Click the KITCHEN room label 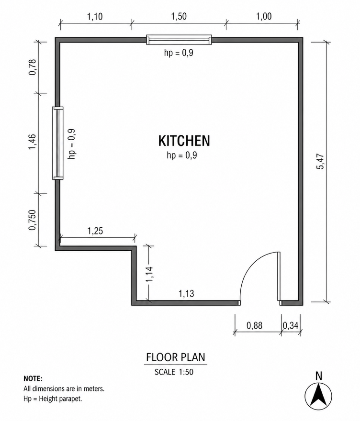tap(184, 141)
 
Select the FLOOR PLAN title tap(176, 357)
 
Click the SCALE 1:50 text tap(174, 372)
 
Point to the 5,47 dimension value tap(320, 161)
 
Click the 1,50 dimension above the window tap(179, 16)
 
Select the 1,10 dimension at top tap(95, 17)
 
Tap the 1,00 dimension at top tap(264, 16)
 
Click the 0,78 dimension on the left tap(32, 67)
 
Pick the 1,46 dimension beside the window tap(32, 142)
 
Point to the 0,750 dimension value tap(32, 220)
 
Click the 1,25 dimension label tap(95, 231)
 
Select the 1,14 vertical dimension tap(149, 274)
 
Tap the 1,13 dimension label tap(186, 293)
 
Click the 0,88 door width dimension tap(254, 325)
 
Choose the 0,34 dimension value tap(291, 325)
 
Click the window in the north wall tap(179, 40)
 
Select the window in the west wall tap(57, 143)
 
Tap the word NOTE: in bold tap(33, 378)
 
